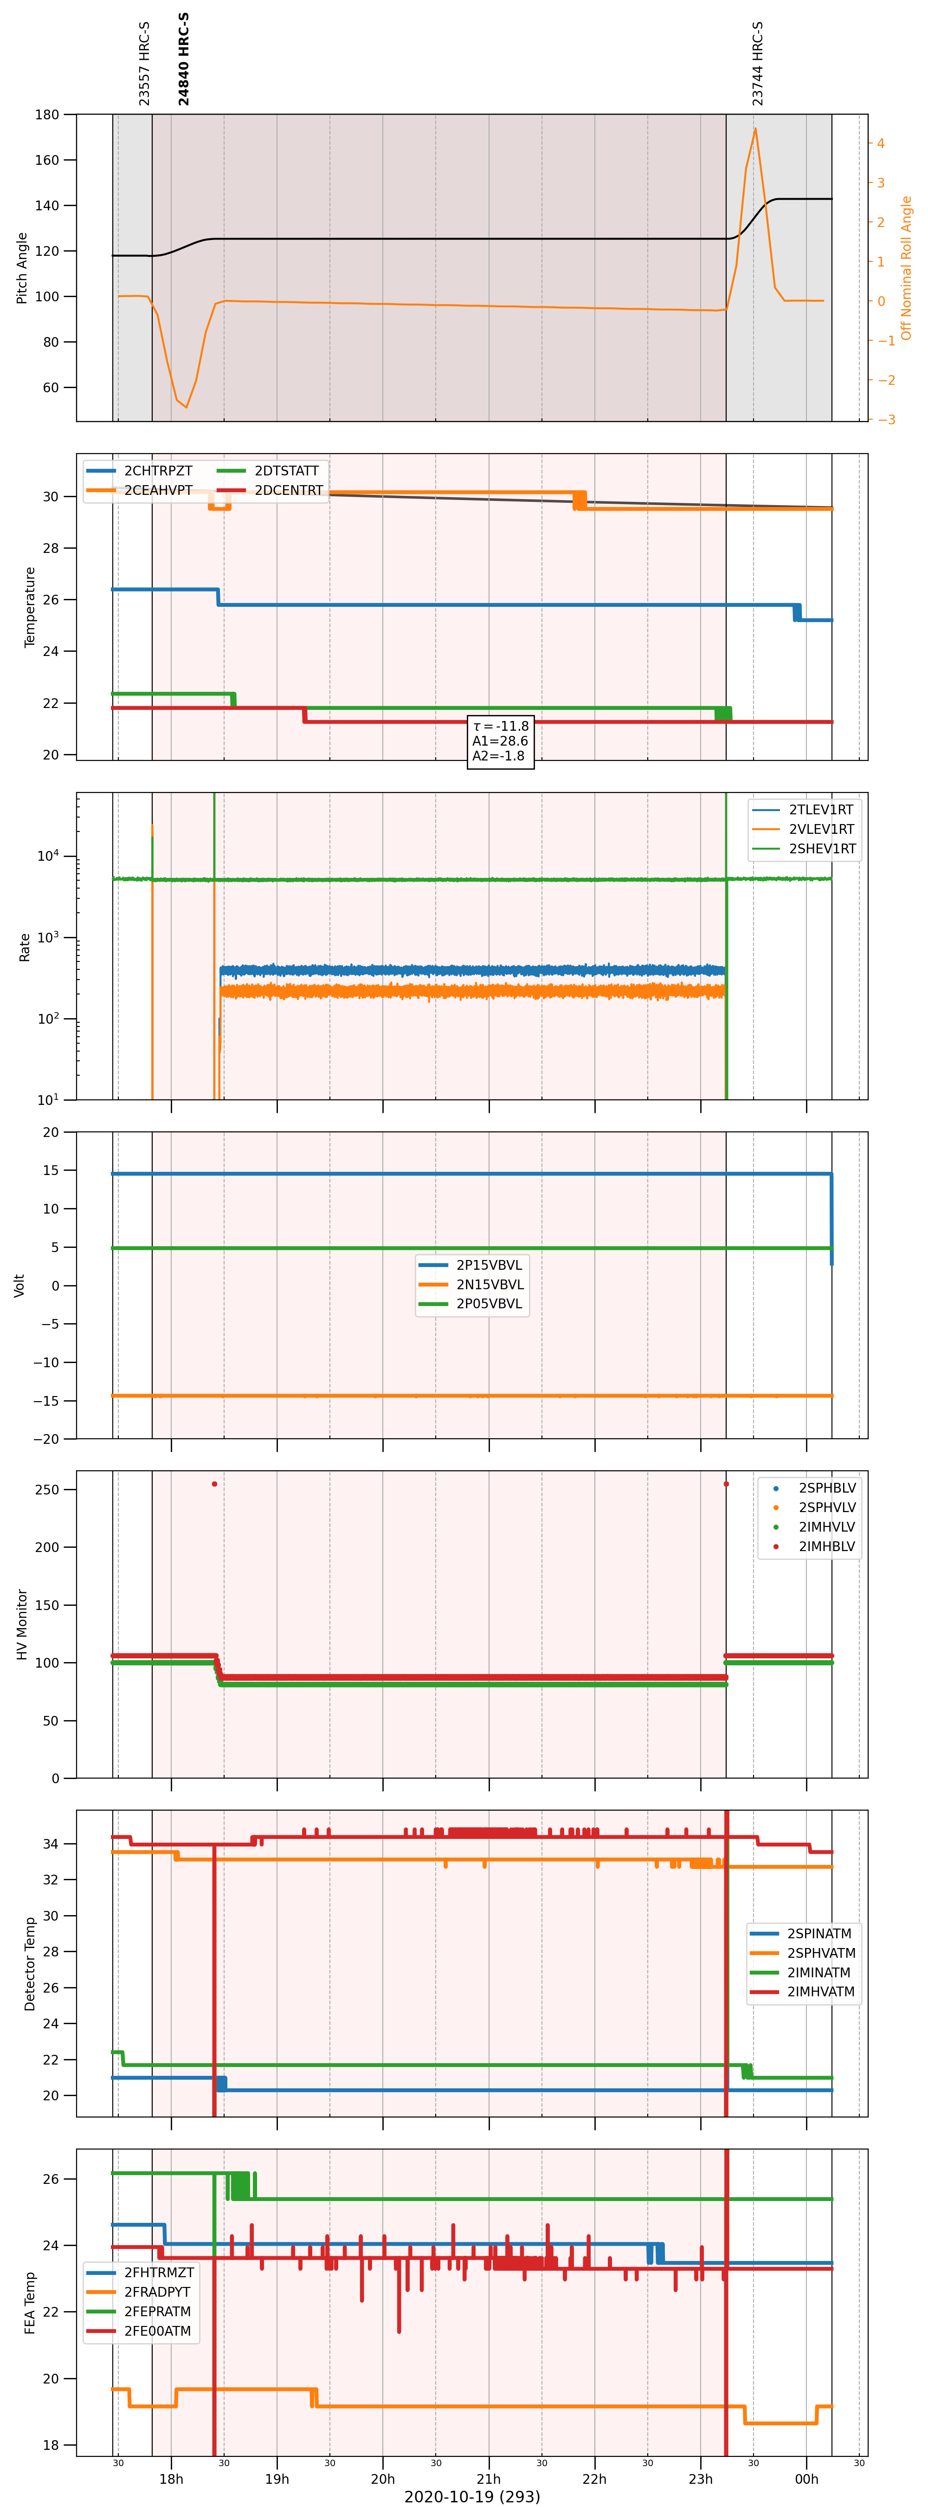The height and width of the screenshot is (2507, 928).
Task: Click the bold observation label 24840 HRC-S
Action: click(184, 59)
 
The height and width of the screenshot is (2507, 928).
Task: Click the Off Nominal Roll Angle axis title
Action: click(907, 267)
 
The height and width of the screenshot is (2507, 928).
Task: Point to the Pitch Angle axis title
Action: click(21, 267)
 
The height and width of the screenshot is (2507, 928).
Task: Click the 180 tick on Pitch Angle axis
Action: click(48, 115)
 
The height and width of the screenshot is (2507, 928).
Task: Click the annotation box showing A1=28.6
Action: click(500, 740)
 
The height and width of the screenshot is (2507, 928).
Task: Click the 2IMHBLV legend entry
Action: click(812, 1546)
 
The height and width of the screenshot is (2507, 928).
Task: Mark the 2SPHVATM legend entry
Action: click(804, 1953)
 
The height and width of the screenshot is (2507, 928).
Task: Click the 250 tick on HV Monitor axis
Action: click(48, 1490)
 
